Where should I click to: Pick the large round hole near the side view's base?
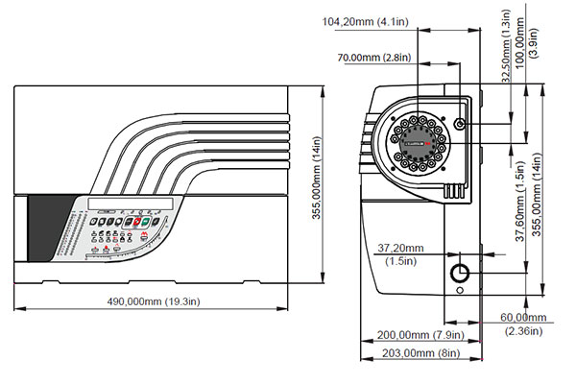462,274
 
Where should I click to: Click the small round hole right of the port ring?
462,126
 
